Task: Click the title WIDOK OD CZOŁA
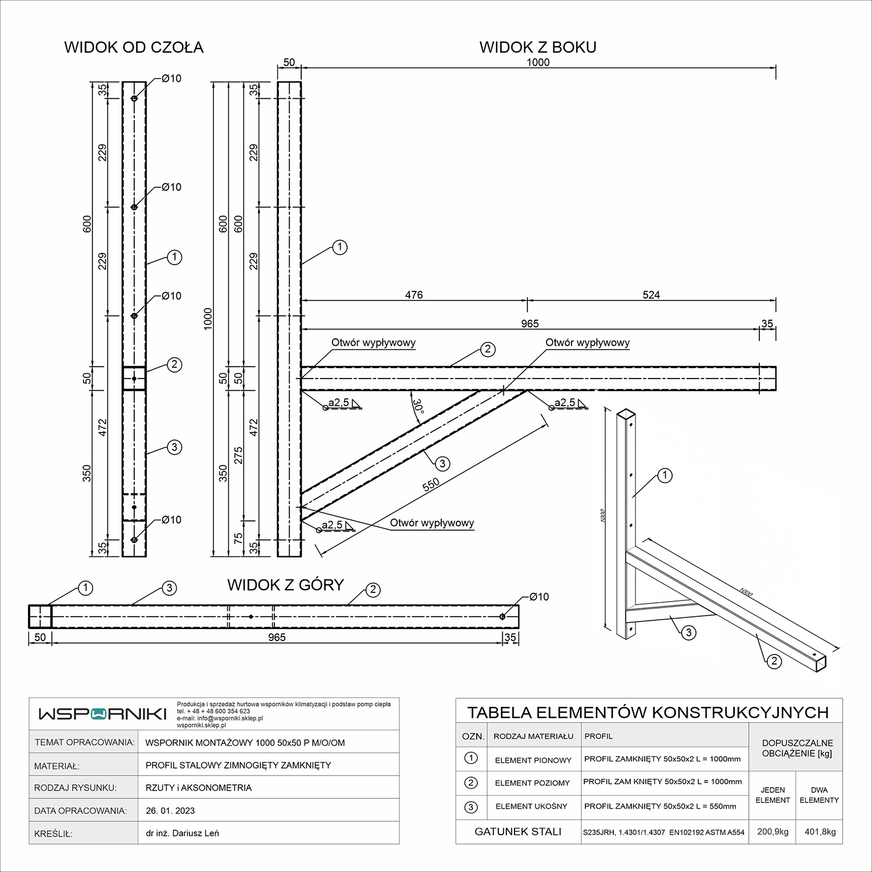(x=134, y=47)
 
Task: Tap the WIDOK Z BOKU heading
(x=538, y=47)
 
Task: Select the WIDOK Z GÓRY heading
(x=285, y=585)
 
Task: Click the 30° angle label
(x=418, y=406)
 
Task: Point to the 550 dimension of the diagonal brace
(x=431, y=485)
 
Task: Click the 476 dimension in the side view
(x=414, y=295)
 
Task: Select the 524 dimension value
(x=651, y=295)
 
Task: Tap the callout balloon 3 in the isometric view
(x=688, y=632)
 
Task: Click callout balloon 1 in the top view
(x=85, y=588)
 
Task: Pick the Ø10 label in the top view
(x=539, y=596)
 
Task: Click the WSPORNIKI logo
(x=102, y=714)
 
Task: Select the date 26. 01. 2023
(x=170, y=810)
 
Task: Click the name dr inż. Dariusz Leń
(x=183, y=833)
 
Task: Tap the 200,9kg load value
(x=773, y=831)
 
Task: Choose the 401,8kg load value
(x=820, y=831)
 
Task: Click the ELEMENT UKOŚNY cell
(x=531, y=806)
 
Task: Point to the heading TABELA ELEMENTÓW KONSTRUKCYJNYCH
(x=648, y=712)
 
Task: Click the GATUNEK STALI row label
(x=518, y=831)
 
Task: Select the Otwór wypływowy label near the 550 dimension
(x=432, y=523)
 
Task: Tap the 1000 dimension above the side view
(x=538, y=62)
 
